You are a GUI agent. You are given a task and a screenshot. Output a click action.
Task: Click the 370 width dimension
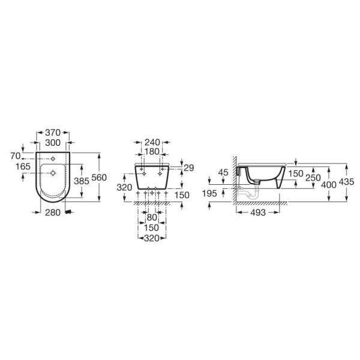(53, 133)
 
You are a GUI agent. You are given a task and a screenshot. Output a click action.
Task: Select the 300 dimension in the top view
(53, 143)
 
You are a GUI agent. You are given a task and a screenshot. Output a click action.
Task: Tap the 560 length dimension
(99, 178)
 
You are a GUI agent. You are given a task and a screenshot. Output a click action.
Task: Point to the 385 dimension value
(81, 181)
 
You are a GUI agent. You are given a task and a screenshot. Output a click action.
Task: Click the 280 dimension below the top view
(53, 212)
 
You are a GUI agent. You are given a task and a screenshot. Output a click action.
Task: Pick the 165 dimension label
(23, 166)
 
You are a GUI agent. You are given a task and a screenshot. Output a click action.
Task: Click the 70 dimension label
(16, 156)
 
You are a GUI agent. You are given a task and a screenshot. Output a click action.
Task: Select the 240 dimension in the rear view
(152, 142)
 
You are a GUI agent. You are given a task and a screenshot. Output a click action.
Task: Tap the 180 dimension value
(152, 152)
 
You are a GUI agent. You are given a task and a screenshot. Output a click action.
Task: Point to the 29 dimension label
(189, 168)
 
